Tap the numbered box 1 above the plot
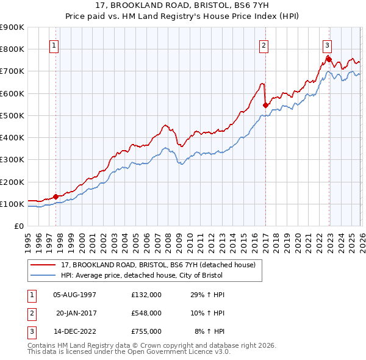click(55, 45)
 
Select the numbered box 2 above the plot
click(264, 45)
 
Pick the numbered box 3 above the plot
click(328, 45)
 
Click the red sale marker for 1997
click(56, 196)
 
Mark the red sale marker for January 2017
click(265, 105)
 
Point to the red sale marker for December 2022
click(329, 59)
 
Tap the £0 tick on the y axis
click(20, 226)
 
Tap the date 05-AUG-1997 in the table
click(75, 295)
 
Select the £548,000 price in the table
click(146, 313)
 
